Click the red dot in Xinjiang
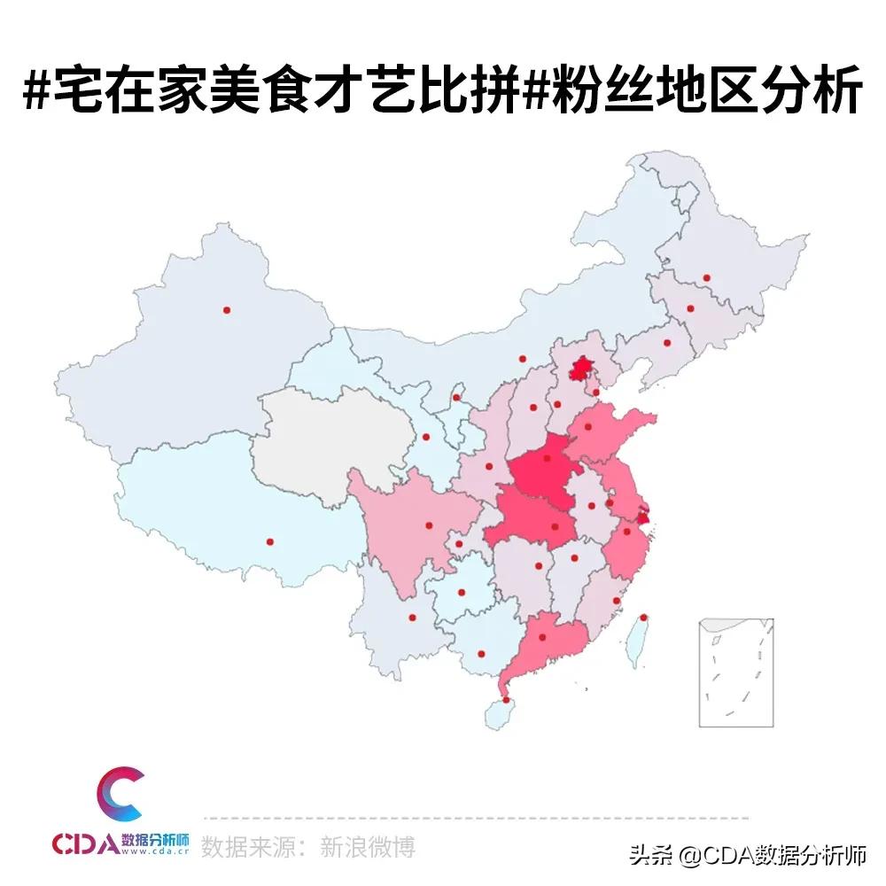pos(227,310)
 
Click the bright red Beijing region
pos(581,367)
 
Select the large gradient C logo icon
pos(120,795)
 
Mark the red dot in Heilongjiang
pos(706,277)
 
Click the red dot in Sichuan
pos(429,525)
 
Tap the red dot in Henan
pos(547,458)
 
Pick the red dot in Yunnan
pos(412,618)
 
